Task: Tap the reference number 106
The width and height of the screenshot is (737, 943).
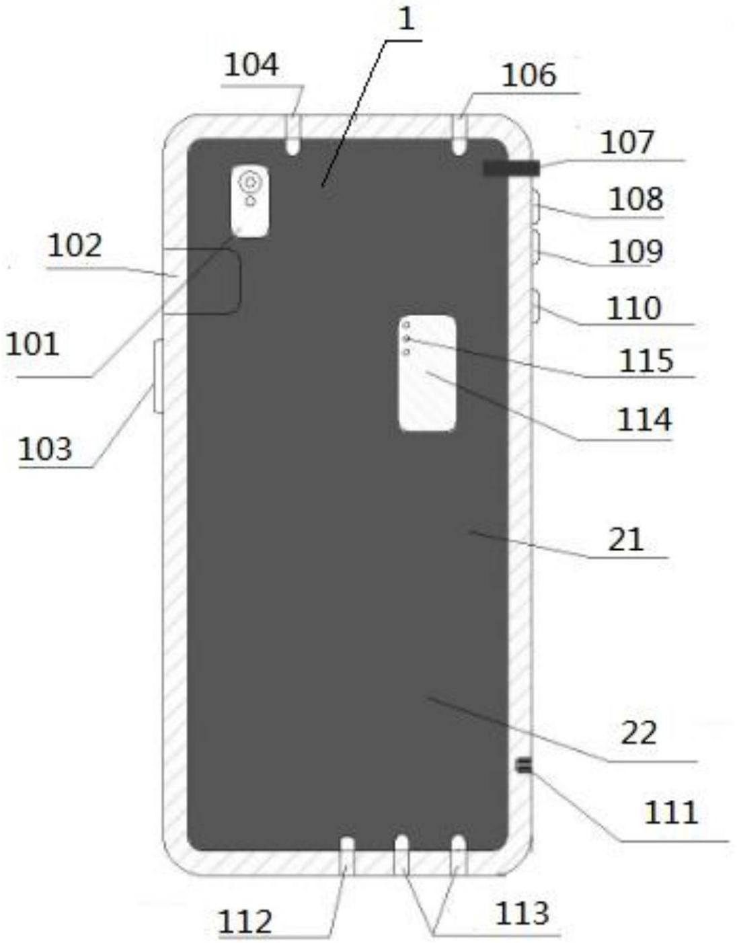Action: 529,76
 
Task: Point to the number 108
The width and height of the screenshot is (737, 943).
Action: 636,199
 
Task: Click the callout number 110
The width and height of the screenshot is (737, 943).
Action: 634,309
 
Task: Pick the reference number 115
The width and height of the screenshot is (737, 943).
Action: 646,361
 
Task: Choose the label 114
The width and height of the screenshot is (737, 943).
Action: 644,420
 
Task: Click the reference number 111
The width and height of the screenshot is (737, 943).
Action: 671,811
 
